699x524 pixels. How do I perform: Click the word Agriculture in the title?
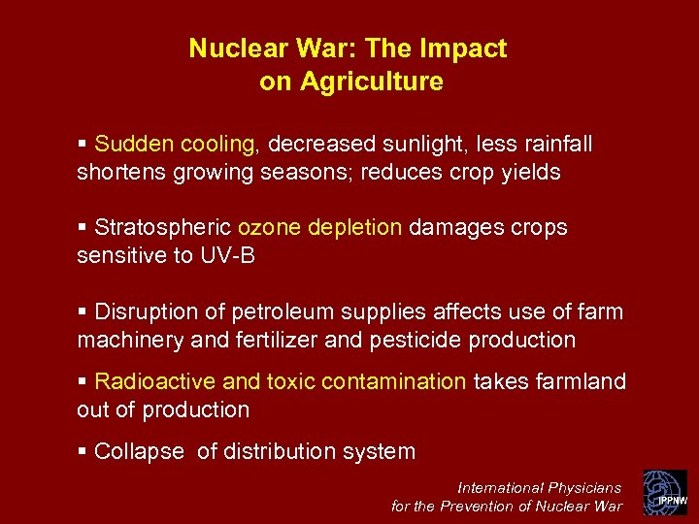[371, 82]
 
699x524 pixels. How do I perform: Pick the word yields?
[529, 172]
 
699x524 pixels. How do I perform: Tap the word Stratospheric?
[163, 228]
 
